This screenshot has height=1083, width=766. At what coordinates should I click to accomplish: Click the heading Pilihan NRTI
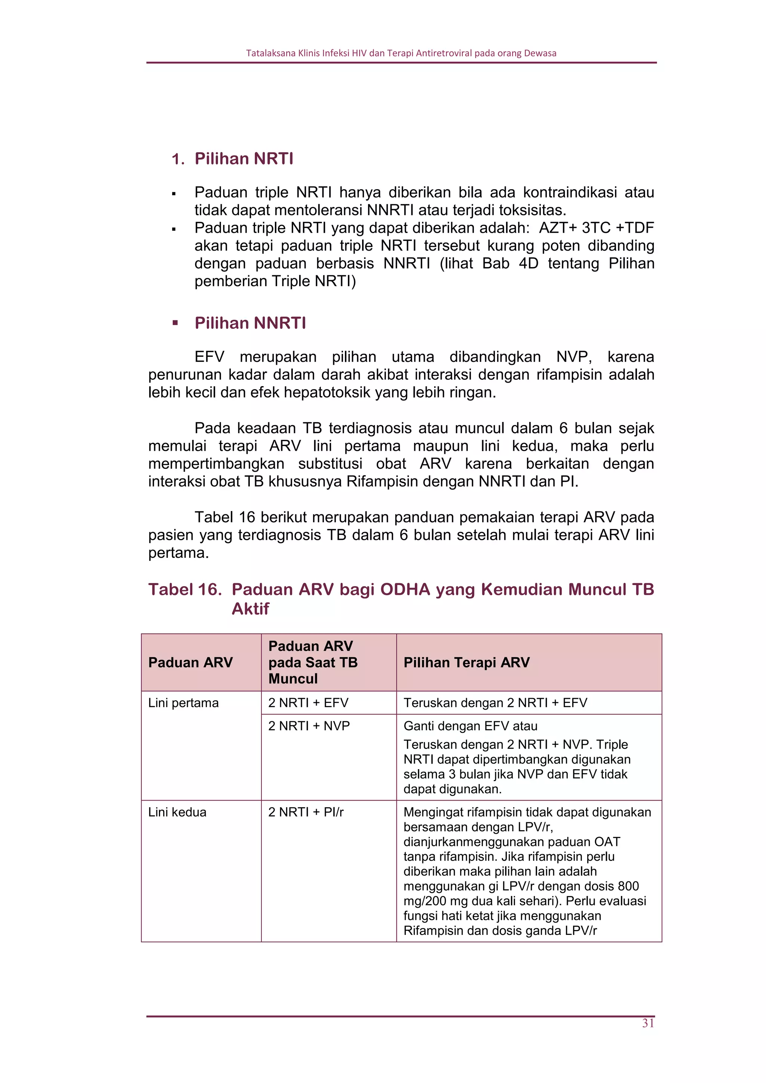pyautogui.click(x=243, y=159)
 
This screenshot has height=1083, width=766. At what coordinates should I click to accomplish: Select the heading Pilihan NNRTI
pyautogui.click(x=250, y=323)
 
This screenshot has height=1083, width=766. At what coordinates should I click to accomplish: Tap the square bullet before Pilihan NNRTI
pyautogui.click(x=175, y=324)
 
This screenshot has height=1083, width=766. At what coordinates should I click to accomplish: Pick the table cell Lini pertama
pyautogui.click(x=184, y=703)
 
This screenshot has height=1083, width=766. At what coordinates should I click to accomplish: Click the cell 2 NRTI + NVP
pyautogui.click(x=309, y=726)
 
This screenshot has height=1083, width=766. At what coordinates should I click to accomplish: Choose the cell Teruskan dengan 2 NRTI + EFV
pyautogui.click(x=495, y=703)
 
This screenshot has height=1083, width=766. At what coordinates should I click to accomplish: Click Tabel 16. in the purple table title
pyautogui.click(x=185, y=590)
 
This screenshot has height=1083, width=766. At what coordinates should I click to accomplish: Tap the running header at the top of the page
pyautogui.click(x=401, y=53)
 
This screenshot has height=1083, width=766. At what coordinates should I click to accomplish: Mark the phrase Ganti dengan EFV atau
pyautogui.click(x=470, y=726)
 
